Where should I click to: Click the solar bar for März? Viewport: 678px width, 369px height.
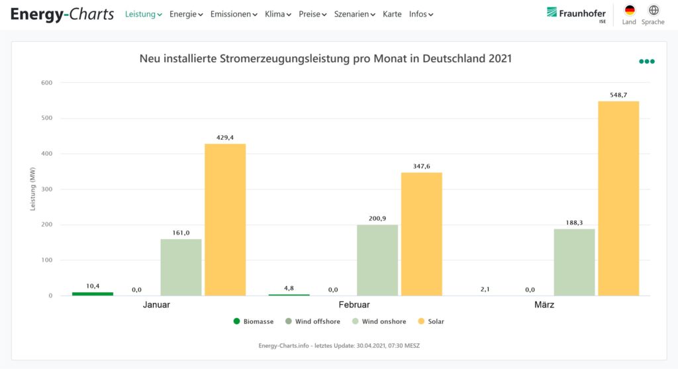point(618,199)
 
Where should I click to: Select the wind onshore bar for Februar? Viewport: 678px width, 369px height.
point(377,260)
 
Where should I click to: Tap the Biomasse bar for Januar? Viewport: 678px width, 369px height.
point(93,293)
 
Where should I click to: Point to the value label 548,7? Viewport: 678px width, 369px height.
point(618,95)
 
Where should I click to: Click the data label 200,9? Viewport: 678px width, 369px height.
point(377,219)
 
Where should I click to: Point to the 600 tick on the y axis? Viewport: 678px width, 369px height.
point(47,83)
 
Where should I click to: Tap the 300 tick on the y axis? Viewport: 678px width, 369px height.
point(47,189)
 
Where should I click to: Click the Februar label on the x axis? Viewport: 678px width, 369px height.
point(354,305)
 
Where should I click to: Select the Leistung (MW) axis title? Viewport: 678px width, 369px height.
point(32,189)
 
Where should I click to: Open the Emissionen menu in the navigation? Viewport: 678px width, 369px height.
point(234,14)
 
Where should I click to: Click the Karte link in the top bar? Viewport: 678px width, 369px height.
point(392,14)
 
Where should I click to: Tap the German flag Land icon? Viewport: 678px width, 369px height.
point(629,11)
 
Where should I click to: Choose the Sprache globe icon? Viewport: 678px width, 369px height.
point(654,11)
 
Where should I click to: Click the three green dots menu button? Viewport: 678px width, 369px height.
point(647,62)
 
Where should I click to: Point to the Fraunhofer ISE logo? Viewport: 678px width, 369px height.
point(576,14)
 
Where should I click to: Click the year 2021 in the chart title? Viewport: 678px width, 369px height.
point(500,59)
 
